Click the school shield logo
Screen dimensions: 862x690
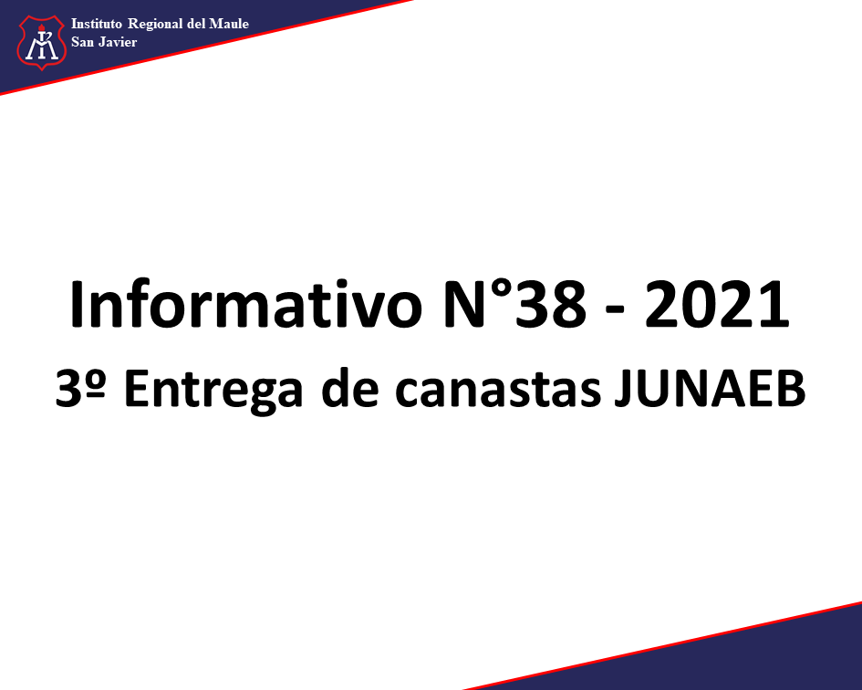click(x=42, y=42)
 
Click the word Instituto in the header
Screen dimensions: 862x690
click(x=96, y=24)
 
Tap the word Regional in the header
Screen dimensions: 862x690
click(x=155, y=25)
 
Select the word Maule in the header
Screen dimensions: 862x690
click(x=229, y=24)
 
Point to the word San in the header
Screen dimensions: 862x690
click(x=82, y=42)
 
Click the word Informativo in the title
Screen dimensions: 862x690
click(x=245, y=304)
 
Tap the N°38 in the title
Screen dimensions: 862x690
click(x=515, y=304)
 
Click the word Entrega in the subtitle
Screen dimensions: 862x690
click(x=213, y=392)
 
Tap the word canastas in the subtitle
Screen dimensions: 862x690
click(x=497, y=390)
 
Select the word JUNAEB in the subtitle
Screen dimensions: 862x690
click(x=710, y=388)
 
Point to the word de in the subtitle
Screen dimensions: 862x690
click(x=349, y=388)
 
